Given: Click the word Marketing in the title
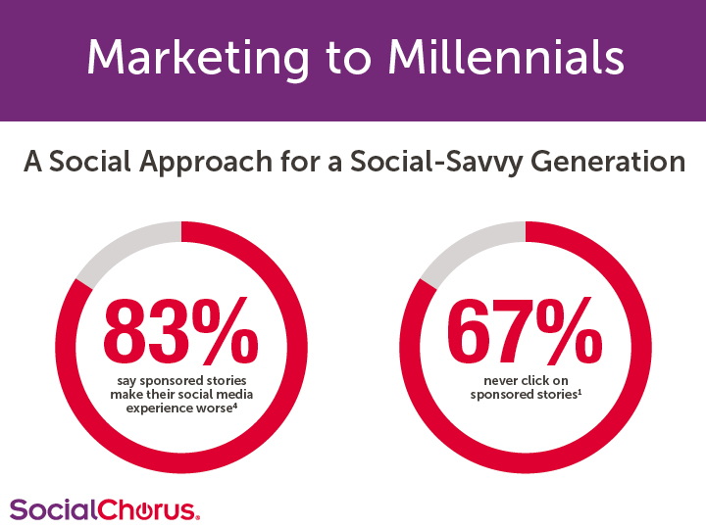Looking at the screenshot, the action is tap(198, 59).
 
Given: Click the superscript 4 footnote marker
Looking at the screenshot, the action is tap(235, 406).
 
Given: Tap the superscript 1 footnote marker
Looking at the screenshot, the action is tap(580, 392).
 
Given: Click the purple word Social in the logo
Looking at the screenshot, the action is tap(53, 509).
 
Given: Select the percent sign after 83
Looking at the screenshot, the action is tap(226, 331).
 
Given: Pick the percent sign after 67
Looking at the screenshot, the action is tap(569, 331).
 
